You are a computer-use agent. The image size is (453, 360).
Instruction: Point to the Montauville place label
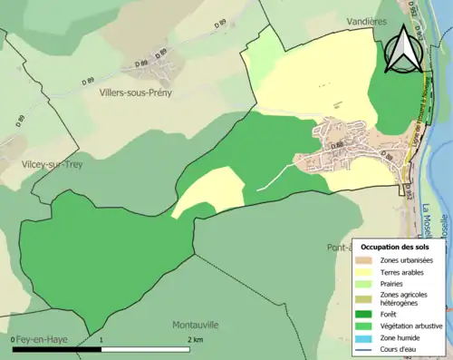[x=197, y=324]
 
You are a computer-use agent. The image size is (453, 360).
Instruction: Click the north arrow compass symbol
[x=403, y=49]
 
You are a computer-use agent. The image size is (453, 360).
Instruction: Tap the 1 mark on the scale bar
[x=101, y=339]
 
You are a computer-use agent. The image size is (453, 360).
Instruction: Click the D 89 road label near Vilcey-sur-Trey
[x=19, y=120]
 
